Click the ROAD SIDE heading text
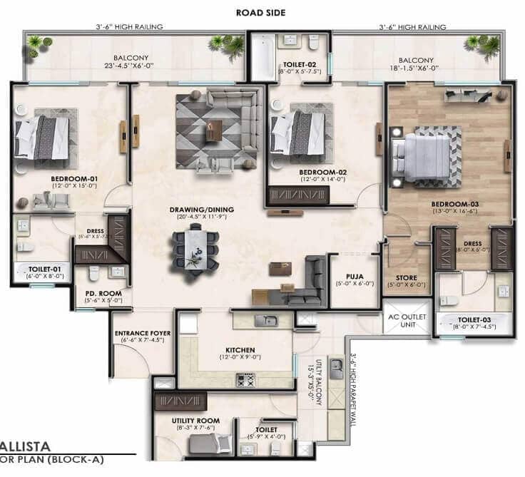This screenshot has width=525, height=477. [x=262, y=12]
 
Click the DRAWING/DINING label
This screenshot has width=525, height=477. [x=202, y=210]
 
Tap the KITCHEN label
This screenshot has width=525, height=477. [x=240, y=350]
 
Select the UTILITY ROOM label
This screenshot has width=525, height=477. [x=193, y=420]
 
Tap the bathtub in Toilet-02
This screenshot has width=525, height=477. [x=260, y=57]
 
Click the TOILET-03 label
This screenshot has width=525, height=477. [x=475, y=321]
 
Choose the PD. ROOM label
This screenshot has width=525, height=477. [x=103, y=293]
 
